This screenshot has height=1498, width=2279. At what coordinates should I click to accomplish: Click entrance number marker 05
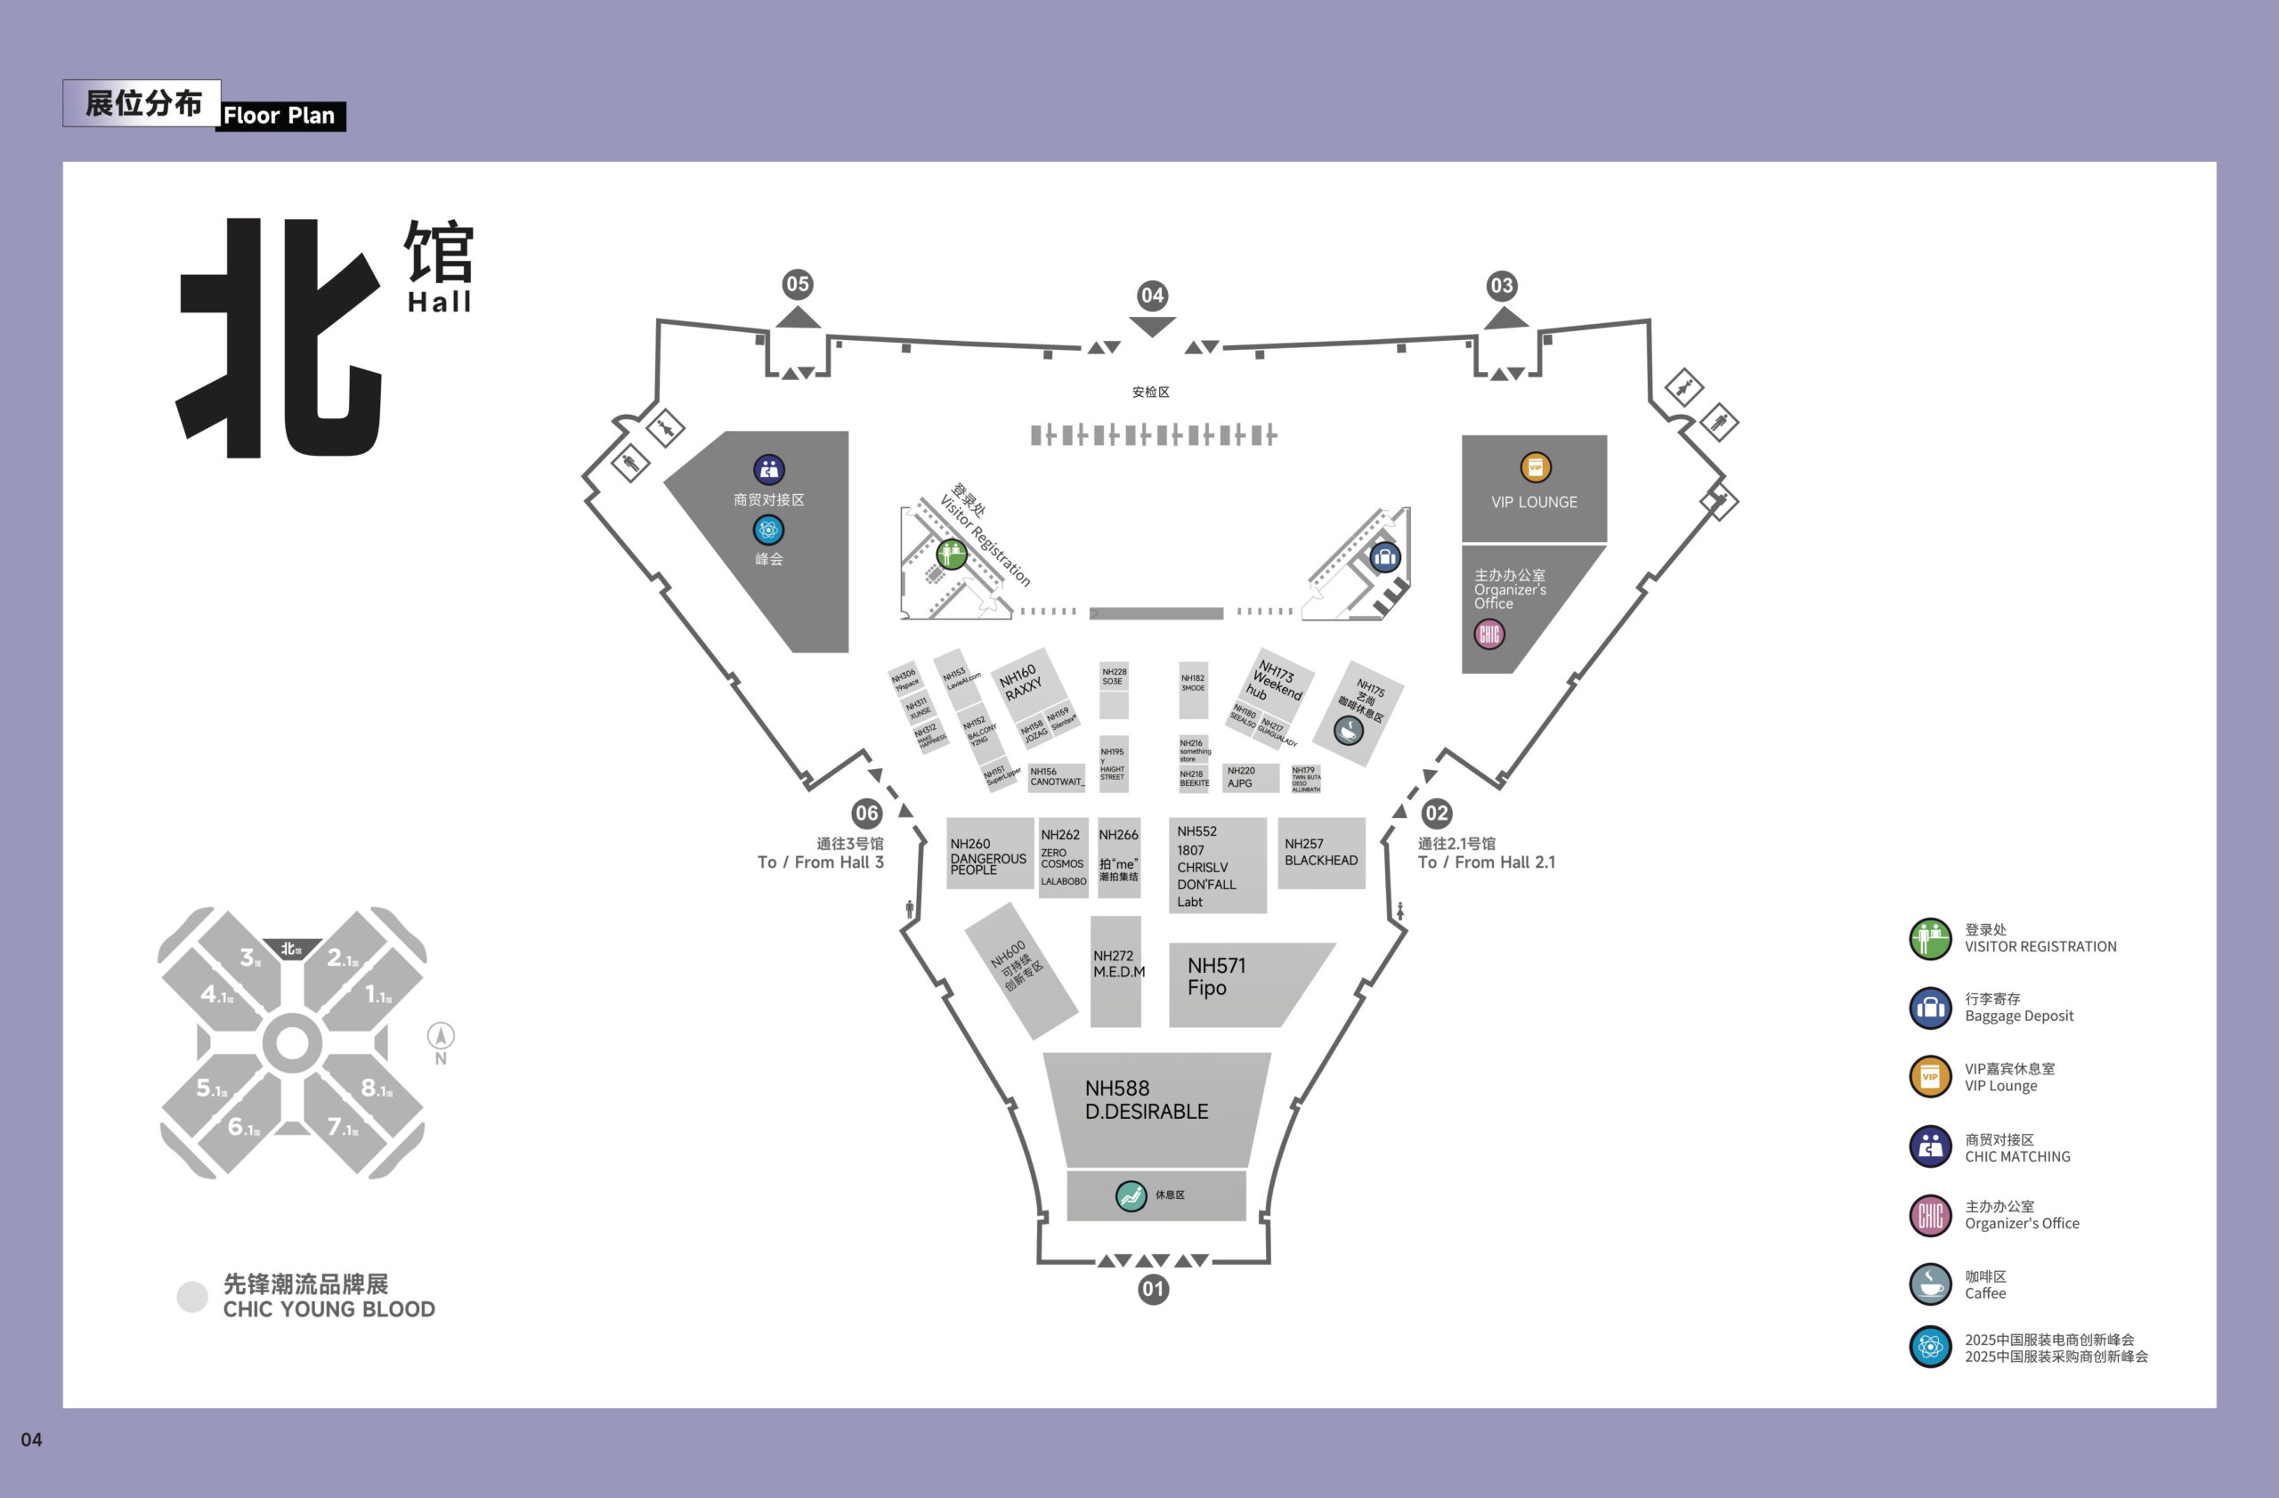point(797,284)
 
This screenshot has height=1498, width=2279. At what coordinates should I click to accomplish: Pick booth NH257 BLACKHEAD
point(1320,853)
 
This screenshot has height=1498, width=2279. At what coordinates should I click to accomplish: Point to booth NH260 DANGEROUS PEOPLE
point(989,854)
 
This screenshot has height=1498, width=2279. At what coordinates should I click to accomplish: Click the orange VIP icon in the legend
point(1929,1077)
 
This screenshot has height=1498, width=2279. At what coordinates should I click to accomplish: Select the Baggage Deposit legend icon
point(1929,1008)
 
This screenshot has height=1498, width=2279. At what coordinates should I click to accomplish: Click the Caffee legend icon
point(1929,1284)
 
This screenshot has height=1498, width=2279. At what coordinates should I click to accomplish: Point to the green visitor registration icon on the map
point(951,554)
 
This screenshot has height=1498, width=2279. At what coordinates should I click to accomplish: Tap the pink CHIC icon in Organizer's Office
point(1489,634)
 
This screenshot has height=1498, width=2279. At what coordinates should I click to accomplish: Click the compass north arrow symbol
point(441,1036)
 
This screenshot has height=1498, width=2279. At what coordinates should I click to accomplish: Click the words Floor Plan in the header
point(279,116)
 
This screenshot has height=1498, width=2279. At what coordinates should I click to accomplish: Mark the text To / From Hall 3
point(820,862)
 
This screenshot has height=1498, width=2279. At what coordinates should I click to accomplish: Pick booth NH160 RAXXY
point(1022,684)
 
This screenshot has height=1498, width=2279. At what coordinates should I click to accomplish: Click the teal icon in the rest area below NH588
point(1131,1195)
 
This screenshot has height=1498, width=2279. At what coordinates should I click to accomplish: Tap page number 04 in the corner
point(31,1439)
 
